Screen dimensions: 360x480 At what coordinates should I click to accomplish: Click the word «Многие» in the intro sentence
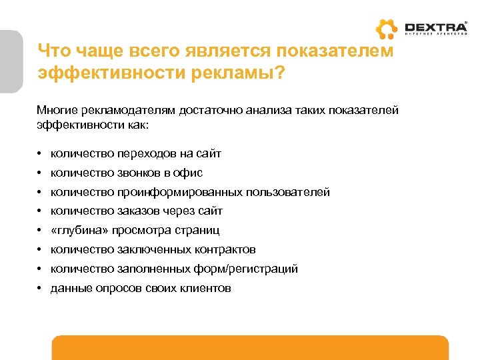(x=58, y=110)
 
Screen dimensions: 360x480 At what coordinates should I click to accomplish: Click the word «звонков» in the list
(x=139, y=173)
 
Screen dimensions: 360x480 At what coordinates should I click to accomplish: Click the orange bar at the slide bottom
(x=250, y=347)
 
